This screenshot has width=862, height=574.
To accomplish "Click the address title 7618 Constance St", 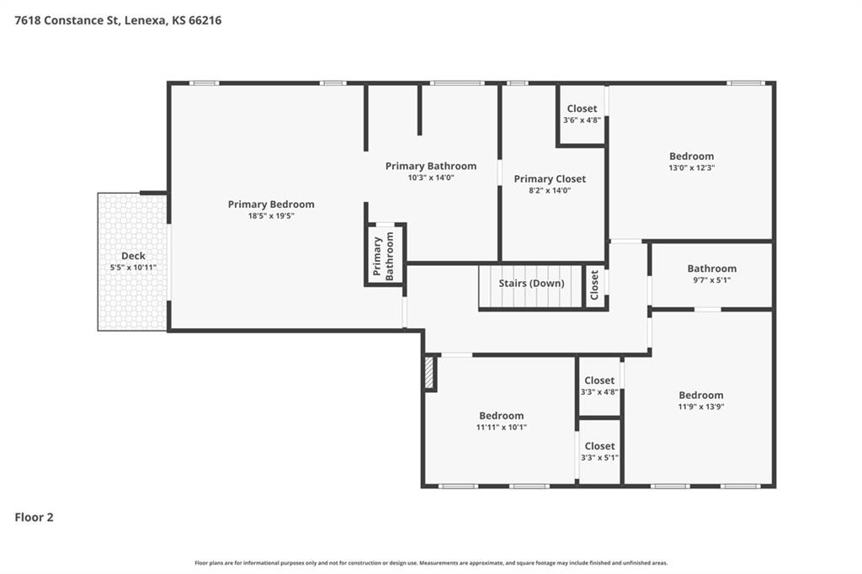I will click(x=118, y=20).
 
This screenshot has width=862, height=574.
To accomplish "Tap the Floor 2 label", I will click(x=35, y=518).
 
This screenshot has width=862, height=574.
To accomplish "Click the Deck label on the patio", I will click(x=133, y=256).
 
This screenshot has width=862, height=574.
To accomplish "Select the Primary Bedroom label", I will click(x=271, y=205).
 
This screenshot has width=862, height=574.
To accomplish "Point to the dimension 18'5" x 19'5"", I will click(x=271, y=216).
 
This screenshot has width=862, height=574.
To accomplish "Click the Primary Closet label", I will click(x=550, y=178).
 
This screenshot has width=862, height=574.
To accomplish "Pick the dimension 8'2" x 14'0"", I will click(x=550, y=190).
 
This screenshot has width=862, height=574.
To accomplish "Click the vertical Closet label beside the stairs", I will click(x=594, y=285).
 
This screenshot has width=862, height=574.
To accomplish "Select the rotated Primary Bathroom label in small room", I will click(x=384, y=256).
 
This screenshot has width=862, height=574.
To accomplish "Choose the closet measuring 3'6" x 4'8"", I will click(x=582, y=114).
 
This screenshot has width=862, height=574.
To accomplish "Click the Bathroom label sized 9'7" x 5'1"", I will click(x=711, y=268).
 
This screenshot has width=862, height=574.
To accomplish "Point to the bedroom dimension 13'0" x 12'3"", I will click(x=691, y=167).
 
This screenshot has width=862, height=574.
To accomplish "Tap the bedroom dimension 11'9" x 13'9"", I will click(x=701, y=407).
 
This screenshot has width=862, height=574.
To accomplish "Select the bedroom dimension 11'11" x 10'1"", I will click(x=501, y=427).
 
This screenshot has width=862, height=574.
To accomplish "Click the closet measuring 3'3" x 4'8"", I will click(x=599, y=385).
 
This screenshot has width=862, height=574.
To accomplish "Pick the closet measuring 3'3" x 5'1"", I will click(x=599, y=451).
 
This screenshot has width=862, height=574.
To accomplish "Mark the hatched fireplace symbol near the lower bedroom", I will click(x=428, y=373).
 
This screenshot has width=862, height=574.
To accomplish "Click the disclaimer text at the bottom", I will click(x=431, y=563).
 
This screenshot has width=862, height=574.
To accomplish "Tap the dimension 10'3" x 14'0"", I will click(x=431, y=178).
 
